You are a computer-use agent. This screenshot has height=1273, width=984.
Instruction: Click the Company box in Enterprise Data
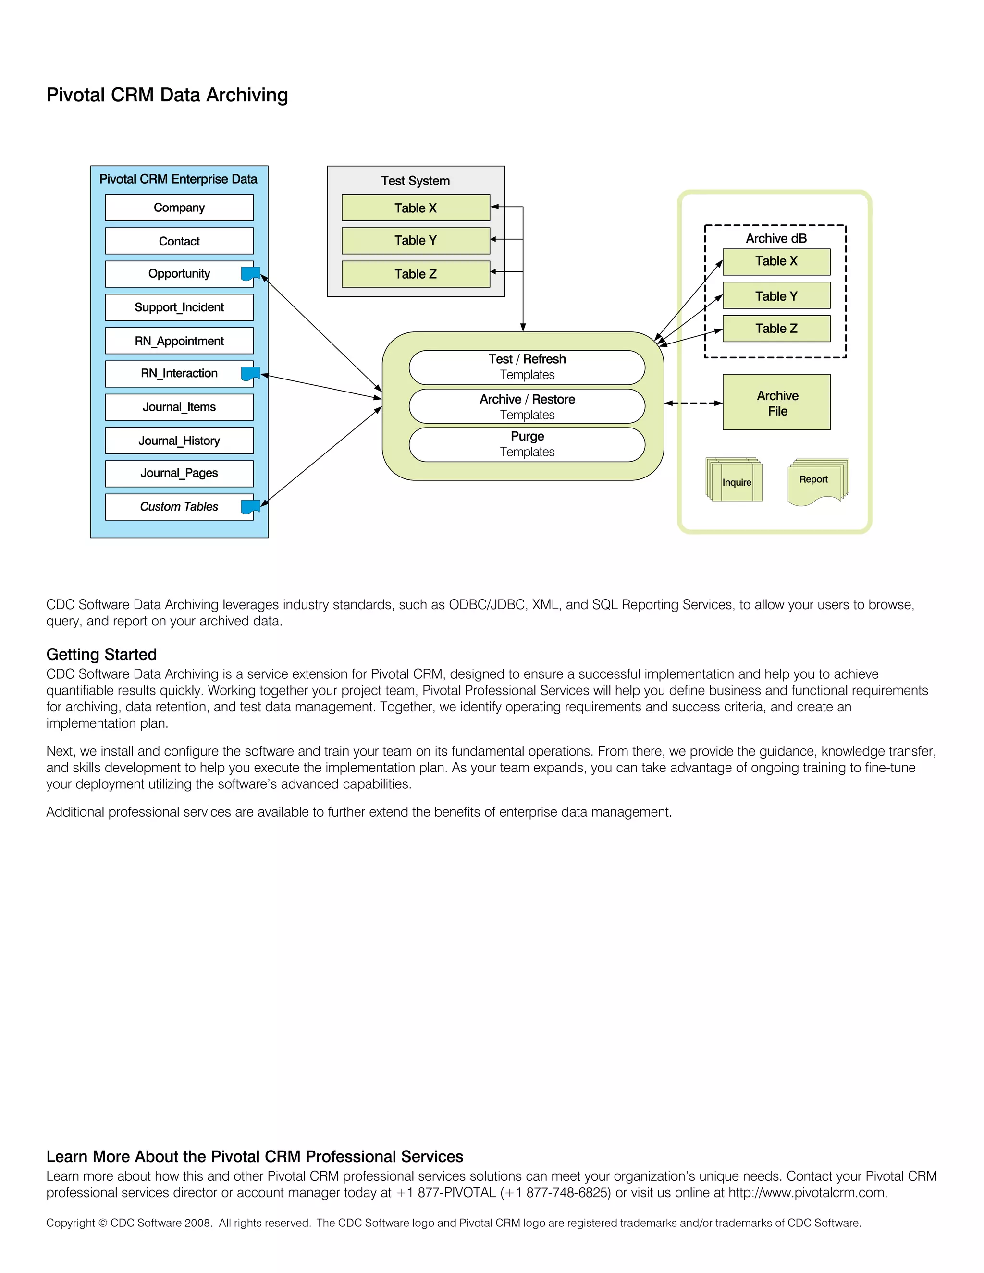point(179,208)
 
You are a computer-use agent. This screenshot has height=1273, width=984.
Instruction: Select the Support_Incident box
point(179,307)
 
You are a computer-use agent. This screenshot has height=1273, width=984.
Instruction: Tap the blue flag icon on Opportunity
point(250,273)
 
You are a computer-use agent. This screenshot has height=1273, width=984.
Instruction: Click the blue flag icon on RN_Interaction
point(250,374)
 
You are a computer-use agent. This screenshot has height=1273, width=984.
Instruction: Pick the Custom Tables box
point(179,506)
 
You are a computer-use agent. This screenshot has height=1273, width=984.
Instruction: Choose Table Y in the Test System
point(415,240)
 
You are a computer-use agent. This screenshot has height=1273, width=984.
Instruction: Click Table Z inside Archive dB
point(776,329)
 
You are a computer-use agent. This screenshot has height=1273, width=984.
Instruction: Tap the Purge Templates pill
point(527,444)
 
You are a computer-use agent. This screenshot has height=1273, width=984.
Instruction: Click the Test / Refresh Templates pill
point(527,367)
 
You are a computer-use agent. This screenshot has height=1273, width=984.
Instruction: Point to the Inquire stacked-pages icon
point(735,481)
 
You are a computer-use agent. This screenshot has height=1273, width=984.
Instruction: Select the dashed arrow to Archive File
point(693,403)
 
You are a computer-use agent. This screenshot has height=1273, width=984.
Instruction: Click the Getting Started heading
point(101,654)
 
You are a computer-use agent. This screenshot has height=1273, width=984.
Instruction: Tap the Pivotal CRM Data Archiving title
point(167,95)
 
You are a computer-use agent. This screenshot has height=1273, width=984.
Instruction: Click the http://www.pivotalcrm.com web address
point(807,1193)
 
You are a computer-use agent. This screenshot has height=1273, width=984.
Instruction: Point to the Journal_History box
point(179,441)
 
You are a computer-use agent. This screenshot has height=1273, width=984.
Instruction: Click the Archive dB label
point(776,238)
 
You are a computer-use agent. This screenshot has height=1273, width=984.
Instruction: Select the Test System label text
point(415,181)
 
